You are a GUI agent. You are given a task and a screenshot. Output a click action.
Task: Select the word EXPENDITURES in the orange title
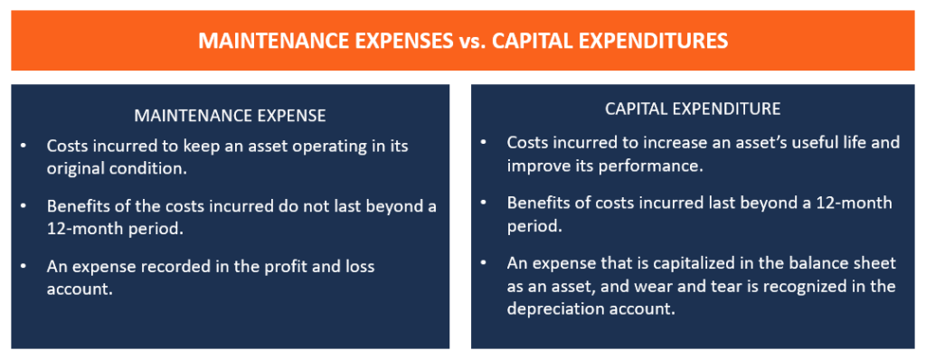point(658,42)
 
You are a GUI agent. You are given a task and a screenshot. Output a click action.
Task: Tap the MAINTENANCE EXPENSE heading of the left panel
point(230,116)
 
